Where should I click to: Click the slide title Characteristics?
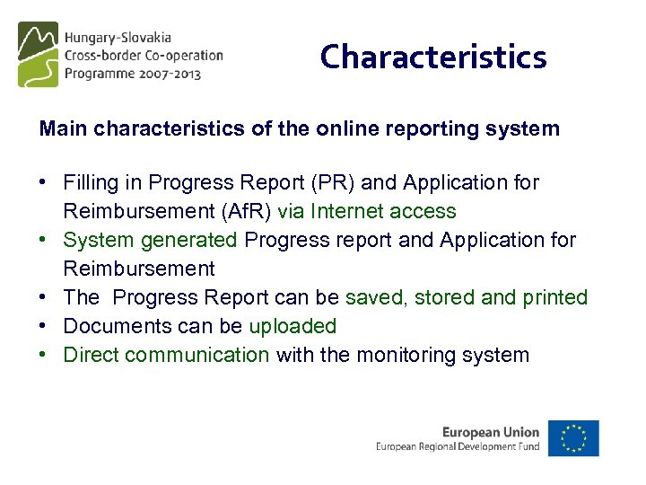[x=433, y=57]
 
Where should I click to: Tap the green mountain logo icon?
[x=38, y=54]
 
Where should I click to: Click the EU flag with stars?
[x=574, y=438]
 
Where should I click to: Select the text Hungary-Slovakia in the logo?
[x=117, y=39]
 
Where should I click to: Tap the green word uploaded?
[x=292, y=326]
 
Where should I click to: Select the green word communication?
[x=197, y=355]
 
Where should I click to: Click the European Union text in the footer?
[x=491, y=432]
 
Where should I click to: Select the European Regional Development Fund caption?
[x=458, y=446]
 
